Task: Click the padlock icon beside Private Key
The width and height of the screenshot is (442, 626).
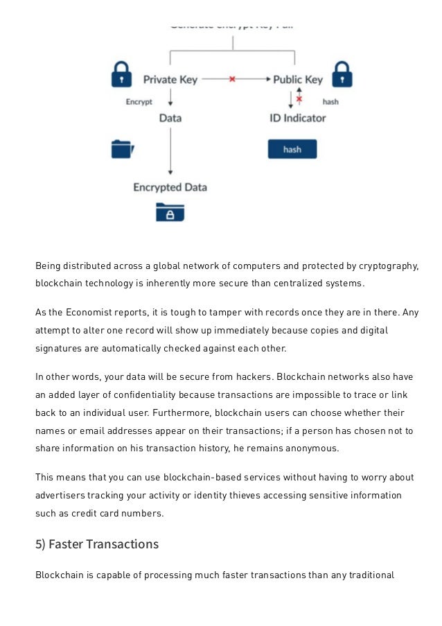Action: tap(121, 75)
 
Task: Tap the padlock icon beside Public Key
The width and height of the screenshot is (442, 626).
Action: tap(342, 75)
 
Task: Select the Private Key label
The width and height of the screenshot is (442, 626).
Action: tap(170, 80)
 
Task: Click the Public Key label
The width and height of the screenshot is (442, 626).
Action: tap(298, 80)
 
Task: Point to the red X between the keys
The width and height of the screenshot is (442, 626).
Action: tap(232, 80)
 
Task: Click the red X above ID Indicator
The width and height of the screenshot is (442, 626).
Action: tap(299, 99)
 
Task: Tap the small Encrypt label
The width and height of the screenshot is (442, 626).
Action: tap(139, 102)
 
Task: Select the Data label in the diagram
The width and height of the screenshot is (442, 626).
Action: tap(170, 118)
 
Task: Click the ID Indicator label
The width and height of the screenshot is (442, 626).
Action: tap(298, 118)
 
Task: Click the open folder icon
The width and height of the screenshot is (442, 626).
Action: tap(122, 149)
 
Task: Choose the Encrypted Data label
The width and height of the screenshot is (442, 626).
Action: tap(170, 187)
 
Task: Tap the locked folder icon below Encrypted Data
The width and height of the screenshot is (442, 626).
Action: tap(170, 212)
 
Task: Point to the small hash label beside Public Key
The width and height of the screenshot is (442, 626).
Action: tap(330, 102)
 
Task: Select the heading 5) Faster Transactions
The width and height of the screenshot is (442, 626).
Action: tap(97, 544)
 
